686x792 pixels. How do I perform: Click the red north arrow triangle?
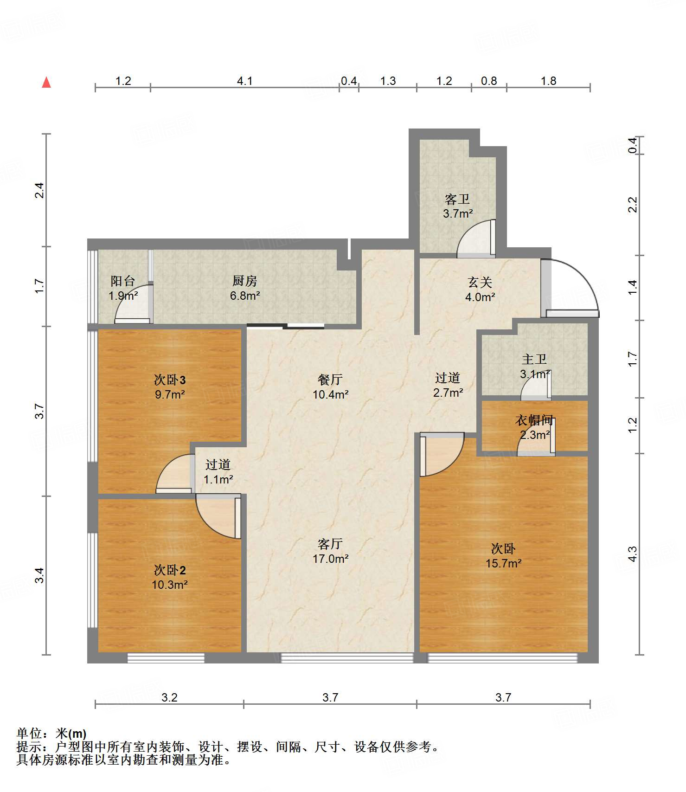(46, 82)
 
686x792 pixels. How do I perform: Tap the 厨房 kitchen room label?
(244, 281)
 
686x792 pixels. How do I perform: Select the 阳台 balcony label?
(123, 281)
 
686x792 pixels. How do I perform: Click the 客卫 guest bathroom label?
(457, 200)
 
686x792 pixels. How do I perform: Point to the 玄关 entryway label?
(480, 282)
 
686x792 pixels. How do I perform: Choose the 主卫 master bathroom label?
(534, 359)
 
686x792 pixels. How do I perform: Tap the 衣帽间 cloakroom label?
(534, 420)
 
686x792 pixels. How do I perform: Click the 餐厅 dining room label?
(330, 380)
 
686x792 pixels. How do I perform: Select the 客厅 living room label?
(330, 544)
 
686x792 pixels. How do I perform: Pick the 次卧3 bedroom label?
(170, 380)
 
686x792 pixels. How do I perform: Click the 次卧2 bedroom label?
(170, 570)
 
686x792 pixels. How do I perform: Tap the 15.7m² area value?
(504, 563)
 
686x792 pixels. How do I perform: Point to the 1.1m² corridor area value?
(218, 479)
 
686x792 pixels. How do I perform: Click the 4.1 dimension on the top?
(245, 81)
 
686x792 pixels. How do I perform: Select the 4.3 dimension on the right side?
(633, 554)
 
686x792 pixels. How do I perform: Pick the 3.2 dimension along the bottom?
(169, 697)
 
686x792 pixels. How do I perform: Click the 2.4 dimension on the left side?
(40, 191)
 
